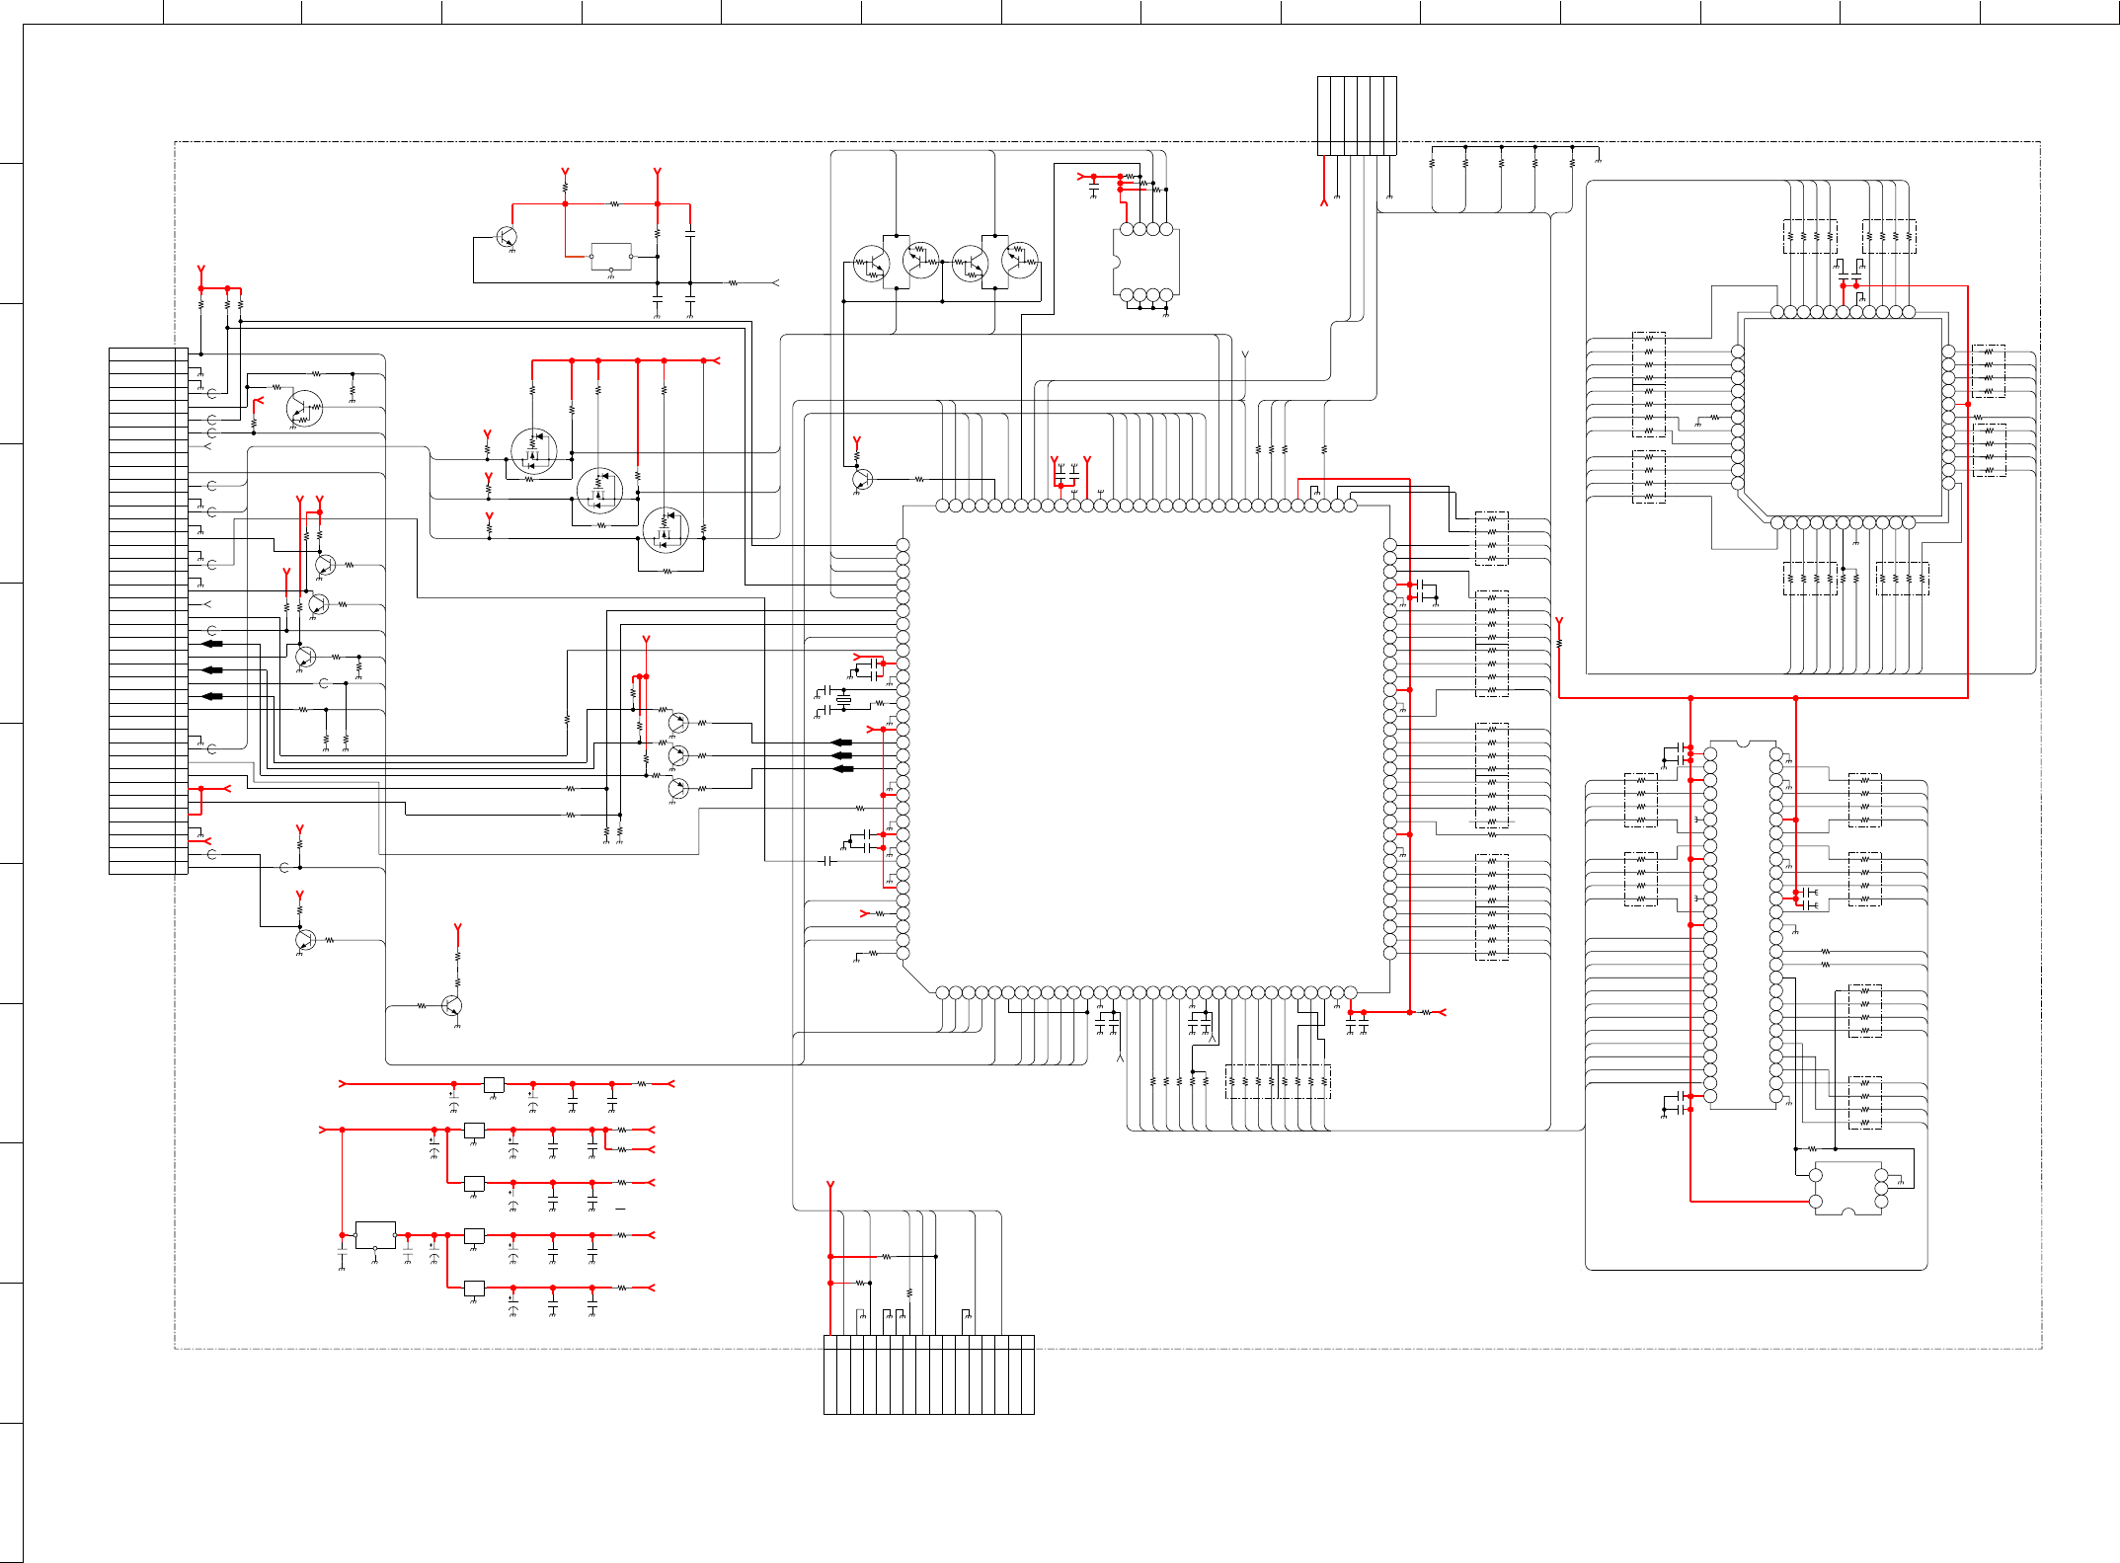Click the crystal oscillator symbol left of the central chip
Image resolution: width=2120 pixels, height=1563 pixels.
843,701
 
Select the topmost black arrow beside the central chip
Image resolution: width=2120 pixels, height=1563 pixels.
841,742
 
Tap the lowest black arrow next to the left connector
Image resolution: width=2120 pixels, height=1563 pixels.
212,696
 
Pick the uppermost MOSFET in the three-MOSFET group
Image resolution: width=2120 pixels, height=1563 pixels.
534,451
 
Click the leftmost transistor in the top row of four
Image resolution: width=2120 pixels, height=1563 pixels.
871,264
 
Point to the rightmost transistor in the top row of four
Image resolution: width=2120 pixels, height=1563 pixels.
1020,260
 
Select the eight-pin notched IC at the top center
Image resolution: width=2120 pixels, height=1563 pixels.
1145,262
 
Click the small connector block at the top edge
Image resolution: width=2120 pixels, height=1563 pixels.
1357,116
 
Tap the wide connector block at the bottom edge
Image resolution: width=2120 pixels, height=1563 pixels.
928,1374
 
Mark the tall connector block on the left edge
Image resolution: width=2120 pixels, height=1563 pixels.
148,610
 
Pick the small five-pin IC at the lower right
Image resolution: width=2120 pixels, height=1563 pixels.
1847,1189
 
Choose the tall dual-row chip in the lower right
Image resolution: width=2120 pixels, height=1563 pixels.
1743,924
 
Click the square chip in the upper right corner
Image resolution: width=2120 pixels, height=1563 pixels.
1843,417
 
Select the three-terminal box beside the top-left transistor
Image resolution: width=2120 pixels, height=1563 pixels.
611,256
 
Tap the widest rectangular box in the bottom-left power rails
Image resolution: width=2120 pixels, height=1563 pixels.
375,1234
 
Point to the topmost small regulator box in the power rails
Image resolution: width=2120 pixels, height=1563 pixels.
494,1084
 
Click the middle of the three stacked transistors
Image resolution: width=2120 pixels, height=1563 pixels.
677,755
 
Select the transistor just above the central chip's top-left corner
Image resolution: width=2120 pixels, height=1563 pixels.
862,479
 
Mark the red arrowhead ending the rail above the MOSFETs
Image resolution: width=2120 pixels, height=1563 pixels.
715,360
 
